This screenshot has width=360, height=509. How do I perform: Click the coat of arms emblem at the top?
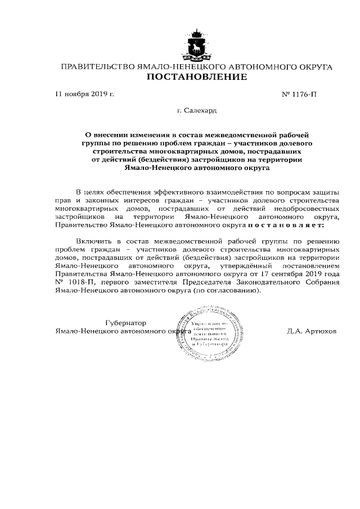[196, 44]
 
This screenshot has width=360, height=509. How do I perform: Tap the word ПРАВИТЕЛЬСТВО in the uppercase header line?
[97, 67]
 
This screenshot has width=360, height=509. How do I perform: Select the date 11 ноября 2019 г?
[85, 94]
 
